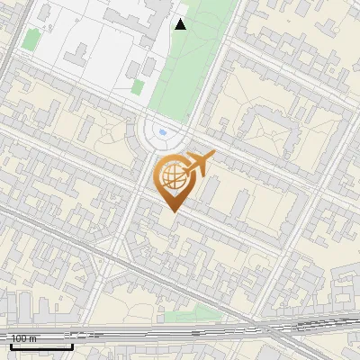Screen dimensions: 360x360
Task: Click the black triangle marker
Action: click(x=180, y=24)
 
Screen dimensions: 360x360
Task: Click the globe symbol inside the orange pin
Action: click(x=171, y=176)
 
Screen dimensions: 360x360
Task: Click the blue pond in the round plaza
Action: click(x=162, y=133)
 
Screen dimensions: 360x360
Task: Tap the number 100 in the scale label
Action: click(x=19, y=338)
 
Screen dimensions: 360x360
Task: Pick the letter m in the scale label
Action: click(x=33, y=338)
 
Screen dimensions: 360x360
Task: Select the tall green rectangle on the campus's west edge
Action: click(x=31, y=39)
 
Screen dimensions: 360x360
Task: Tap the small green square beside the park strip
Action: click(x=138, y=86)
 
